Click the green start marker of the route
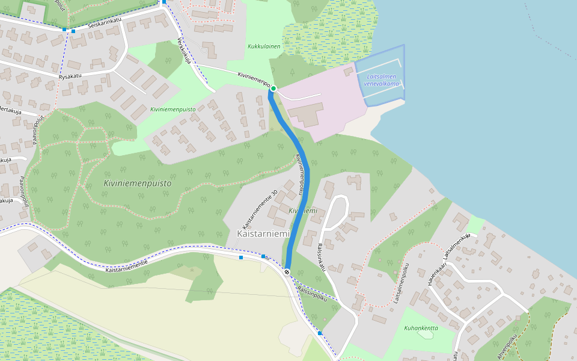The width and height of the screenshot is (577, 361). (x=273, y=88)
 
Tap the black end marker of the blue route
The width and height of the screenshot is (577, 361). (x=287, y=271)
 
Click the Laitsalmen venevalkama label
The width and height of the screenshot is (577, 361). (x=381, y=80)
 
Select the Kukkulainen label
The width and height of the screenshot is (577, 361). (x=264, y=46)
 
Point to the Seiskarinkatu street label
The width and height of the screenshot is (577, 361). (x=105, y=23)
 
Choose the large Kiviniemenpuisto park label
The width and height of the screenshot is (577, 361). (x=137, y=183)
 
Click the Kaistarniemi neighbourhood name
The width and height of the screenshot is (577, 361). (x=263, y=233)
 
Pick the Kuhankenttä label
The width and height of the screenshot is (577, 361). (x=421, y=328)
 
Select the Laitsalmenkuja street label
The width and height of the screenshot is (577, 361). (x=456, y=245)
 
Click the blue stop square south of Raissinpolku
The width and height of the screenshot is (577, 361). (x=320, y=333)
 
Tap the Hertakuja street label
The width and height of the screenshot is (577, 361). (x=10, y=112)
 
